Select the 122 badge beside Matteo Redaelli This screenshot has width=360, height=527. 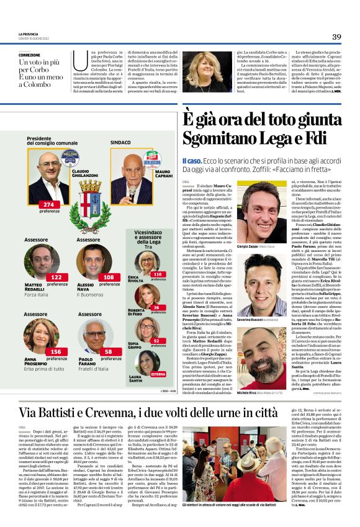point(56,277)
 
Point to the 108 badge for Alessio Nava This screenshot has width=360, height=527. point(109,277)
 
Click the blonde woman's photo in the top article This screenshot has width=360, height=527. point(207,72)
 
